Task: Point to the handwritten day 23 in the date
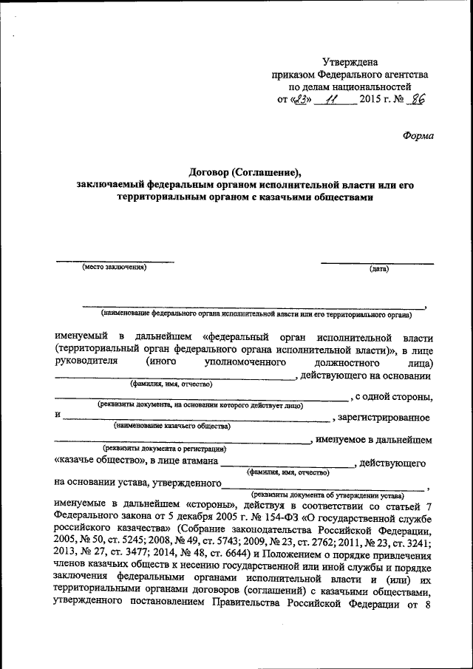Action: pyautogui.click(x=299, y=99)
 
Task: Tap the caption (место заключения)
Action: pyautogui.click(x=115, y=268)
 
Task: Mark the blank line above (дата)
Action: pyautogui.click(x=377, y=262)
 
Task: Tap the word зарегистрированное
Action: pyautogui.click(x=384, y=418)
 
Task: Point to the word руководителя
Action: pyautogui.click(x=86, y=363)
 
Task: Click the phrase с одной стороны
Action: pyautogui.click(x=393, y=398)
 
